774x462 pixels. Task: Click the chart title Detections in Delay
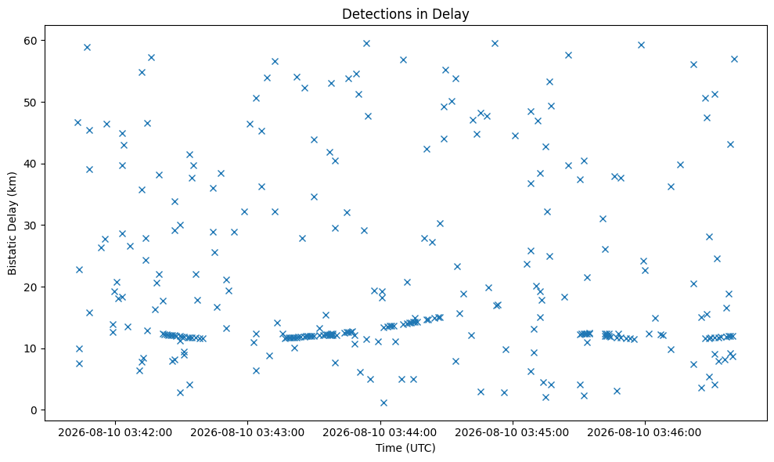click(405, 14)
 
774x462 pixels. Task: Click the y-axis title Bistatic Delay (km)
click(12, 223)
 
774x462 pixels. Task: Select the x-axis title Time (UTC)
click(405, 448)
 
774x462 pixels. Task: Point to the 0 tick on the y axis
click(34, 410)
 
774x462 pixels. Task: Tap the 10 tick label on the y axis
click(31, 348)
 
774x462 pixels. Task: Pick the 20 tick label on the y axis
click(31, 287)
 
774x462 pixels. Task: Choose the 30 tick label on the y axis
click(31, 226)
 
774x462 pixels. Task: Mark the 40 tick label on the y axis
click(31, 164)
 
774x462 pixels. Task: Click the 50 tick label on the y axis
click(31, 103)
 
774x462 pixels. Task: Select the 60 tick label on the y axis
click(31, 41)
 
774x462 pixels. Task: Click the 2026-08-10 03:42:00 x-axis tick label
click(115, 433)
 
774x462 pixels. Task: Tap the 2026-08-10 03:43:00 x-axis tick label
click(247, 433)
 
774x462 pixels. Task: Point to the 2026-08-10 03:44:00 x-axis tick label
click(380, 433)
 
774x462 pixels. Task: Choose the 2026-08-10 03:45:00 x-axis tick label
click(512, 433)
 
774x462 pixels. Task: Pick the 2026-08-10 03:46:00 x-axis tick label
click(644, 433)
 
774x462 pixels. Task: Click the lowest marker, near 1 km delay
click(383, 402)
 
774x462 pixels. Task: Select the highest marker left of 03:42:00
click(87, 48)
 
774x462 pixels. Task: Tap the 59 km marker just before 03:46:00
click(641, 45)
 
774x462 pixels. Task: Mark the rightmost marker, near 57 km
click(734, 60)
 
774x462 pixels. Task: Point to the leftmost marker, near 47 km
click(77, 122)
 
